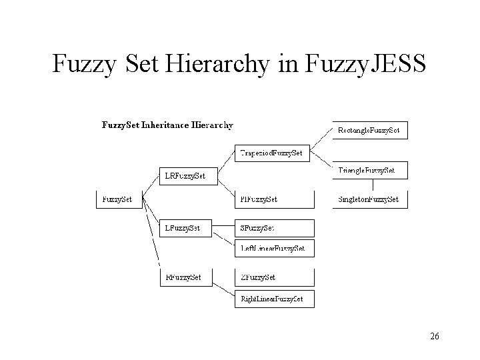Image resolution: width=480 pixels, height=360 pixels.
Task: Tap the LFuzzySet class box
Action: click(x=185, y=228)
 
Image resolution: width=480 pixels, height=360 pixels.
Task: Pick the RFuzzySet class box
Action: click(x=185, y=277)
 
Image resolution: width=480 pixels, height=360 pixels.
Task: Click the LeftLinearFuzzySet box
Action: click(x=273, y=248)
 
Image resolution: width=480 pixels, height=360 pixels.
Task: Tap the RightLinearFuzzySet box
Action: click(x=273, y=299)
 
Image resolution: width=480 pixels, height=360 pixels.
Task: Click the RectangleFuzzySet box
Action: click(x=369, y=130)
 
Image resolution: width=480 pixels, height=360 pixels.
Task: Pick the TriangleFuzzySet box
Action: click(x=369, y=171)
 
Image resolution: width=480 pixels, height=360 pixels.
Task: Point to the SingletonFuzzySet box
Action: click(x=369, y=199)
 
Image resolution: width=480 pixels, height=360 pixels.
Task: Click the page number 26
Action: click(x=434, y=337)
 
